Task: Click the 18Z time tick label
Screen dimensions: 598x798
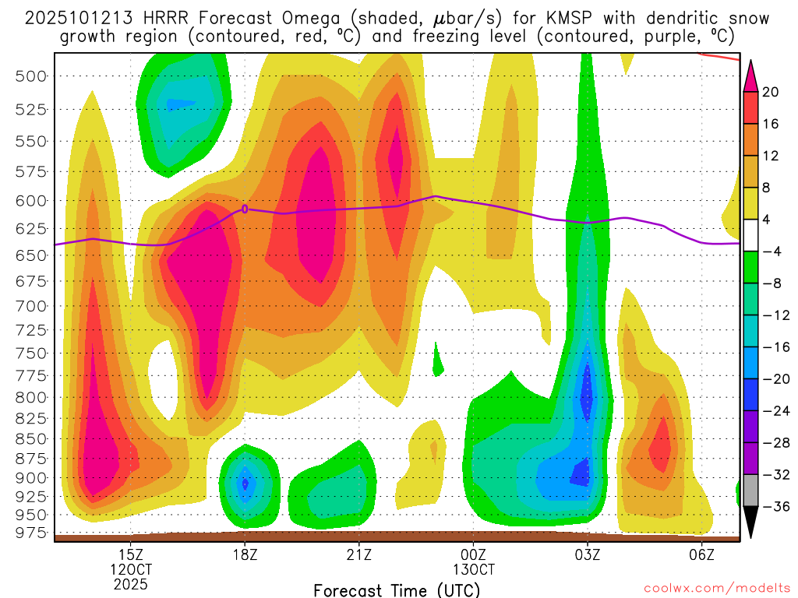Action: coord(245,554)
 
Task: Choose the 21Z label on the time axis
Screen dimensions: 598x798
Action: coord(358,554)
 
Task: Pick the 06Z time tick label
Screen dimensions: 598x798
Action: coord(702,554)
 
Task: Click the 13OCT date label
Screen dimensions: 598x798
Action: coord(473,569)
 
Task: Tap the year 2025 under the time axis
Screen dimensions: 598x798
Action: coord(131,583)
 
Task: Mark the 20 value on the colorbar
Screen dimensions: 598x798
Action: coord(772,92)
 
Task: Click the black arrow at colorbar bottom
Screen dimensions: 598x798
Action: coord(751,521)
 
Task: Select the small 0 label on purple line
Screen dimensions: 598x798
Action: coord(245,209)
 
